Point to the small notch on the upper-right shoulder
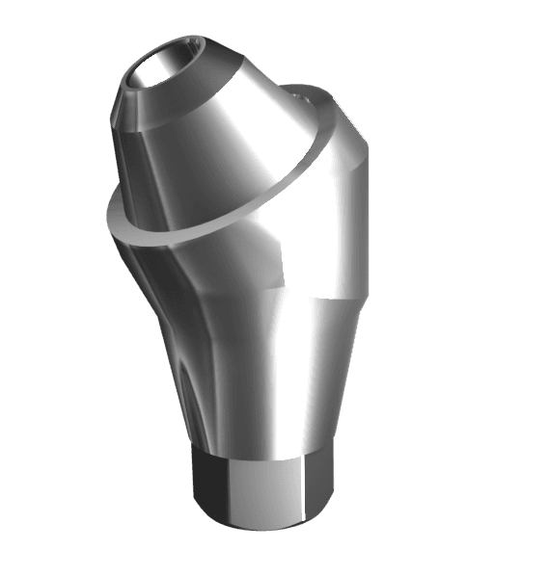(x=301, y=95)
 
